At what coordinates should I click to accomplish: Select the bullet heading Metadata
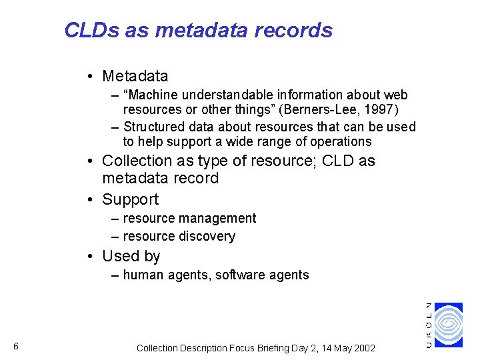point(135,76)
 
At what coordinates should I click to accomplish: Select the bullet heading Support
point(130,199)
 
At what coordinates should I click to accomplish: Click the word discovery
point(208,236)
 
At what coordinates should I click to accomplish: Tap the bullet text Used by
point(131,256)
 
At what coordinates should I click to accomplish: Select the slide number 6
point(15,346)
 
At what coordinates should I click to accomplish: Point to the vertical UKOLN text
point(429,324)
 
